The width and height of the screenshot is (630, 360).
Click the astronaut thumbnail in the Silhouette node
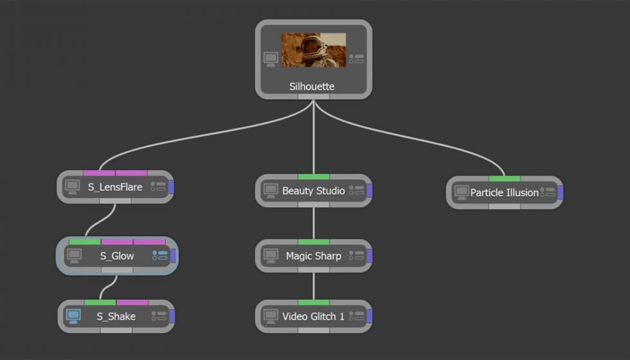click(x=314, y=50)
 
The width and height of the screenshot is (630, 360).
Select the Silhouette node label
click(x=312, y=86)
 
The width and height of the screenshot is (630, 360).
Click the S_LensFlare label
click(x=115, y=188)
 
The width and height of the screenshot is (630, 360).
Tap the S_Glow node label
click(x=117, y=256)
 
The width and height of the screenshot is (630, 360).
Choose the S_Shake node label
click(x=116, y=316)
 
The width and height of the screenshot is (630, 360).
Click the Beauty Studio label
click(x=314, y=191)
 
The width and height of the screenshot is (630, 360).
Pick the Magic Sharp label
click(x=314, y=256)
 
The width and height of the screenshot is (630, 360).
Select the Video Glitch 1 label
click(x=313, y=316)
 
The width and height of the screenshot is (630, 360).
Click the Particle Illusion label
click(x=504, y=192)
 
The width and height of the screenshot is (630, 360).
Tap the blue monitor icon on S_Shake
click(x=73, y=316)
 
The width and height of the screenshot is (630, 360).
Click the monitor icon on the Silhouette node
click(x=271, y=59)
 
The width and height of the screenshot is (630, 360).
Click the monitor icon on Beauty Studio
click(x=271, y=191)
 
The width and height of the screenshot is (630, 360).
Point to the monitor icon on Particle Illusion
click(x=461, y=192)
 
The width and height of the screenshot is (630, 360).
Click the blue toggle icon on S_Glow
click(x=159, y=256)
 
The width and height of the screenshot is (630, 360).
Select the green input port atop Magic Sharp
click(x=314, y=242)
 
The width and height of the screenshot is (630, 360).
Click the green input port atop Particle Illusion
click(x=504, y=178)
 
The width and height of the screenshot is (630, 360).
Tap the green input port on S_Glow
click(x=85, y=242)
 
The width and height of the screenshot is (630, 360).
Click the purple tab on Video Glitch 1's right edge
click(x=369, y=316)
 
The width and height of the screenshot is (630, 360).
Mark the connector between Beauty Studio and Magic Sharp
click(x=314, y=223)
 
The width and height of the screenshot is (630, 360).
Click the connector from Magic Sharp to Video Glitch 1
click(x=314, y=285)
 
